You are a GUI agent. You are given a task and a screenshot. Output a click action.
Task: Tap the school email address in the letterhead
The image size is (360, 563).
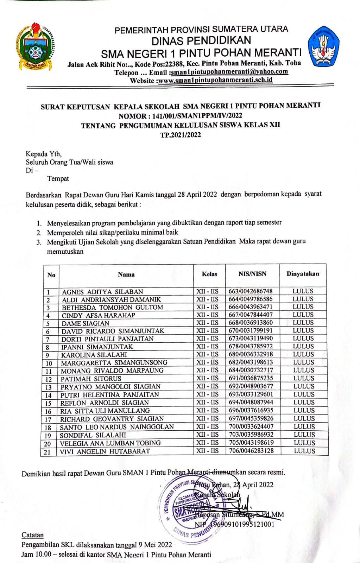pyautogui.click(x=229, y=72)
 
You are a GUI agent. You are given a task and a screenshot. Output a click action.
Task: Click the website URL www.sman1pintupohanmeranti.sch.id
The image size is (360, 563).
pyautogui.click(x=215, y=80)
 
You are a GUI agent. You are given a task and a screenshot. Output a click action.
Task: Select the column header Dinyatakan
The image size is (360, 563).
pyautogui.click(x=303, y=274)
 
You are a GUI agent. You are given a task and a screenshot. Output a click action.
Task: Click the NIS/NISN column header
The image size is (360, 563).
pyautogui.click(x=252, y=274)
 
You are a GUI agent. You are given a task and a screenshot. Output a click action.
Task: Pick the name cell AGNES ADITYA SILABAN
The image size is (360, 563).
pyautogui.click(x=102, y=292)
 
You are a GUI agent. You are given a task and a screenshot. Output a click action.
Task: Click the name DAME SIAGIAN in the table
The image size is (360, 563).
pyautogui.click(x=86, y=323)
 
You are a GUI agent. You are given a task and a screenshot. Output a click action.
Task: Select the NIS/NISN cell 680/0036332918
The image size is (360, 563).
pyautogui.click(x=250, y=354)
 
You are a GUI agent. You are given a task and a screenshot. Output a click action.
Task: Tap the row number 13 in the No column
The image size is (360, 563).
pyautogui.click(x=49, y=387)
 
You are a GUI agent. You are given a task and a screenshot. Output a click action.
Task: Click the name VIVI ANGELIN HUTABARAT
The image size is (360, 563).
pyautogui.click(x=105, y=451)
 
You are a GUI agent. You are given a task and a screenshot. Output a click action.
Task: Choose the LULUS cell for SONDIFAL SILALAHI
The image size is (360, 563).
pyautogui.click(x=304, y=435)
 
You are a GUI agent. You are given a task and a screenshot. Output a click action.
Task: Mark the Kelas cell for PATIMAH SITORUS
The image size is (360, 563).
pyautogui.click(x=207, y=378)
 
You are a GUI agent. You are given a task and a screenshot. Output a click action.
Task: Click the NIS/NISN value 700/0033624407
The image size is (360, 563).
pyautogui.click(x=251, y=426)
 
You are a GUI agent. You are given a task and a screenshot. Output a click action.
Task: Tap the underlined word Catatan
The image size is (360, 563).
pyautogui.click(x=33, y=535)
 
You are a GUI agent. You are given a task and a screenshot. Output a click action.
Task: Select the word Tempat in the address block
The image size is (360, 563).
pyautogui.click(x=58, y=178)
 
